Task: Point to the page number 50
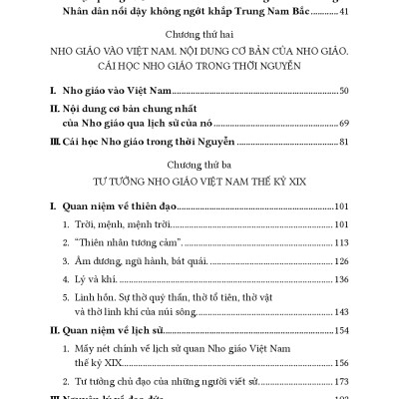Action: [x=344, y=92]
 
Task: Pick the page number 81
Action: [x=344, y=142]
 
